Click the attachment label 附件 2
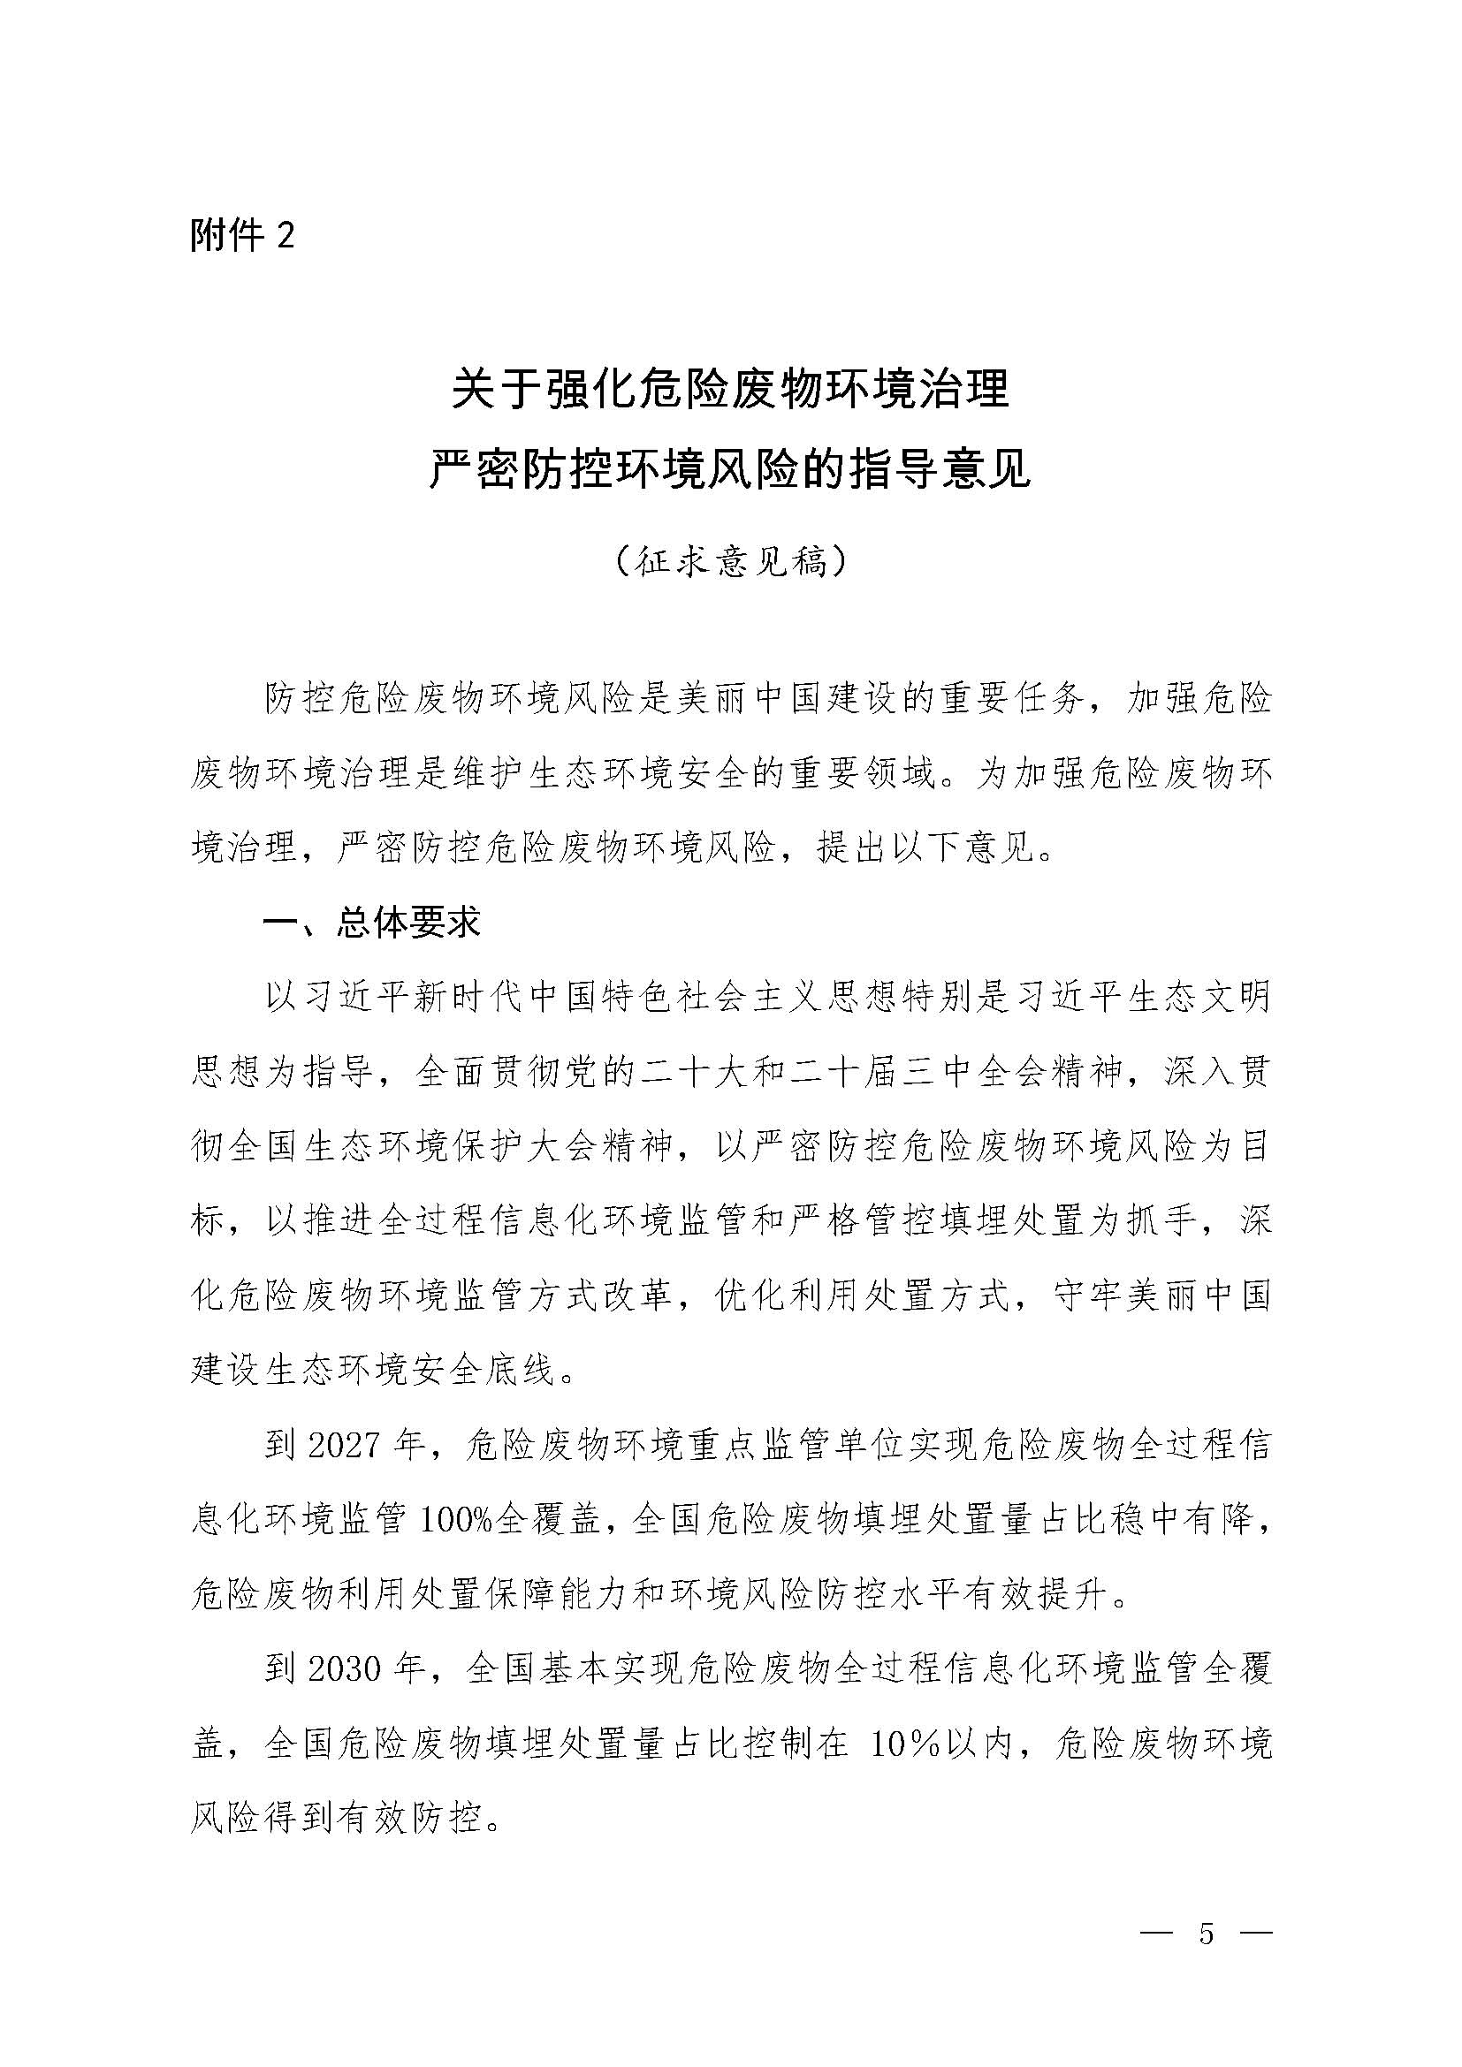242,236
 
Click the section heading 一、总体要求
372,922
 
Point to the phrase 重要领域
864,774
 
